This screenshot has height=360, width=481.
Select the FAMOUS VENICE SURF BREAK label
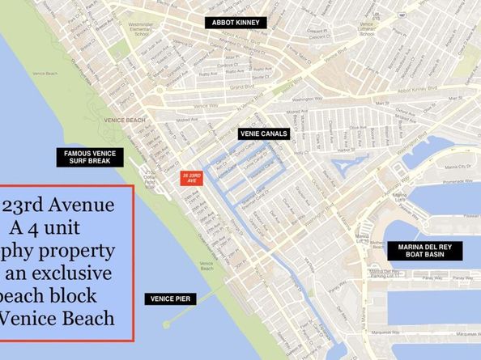pos(88,158)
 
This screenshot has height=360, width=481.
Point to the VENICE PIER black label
pos(167,299)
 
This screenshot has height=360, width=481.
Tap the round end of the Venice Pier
pos(165,324)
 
